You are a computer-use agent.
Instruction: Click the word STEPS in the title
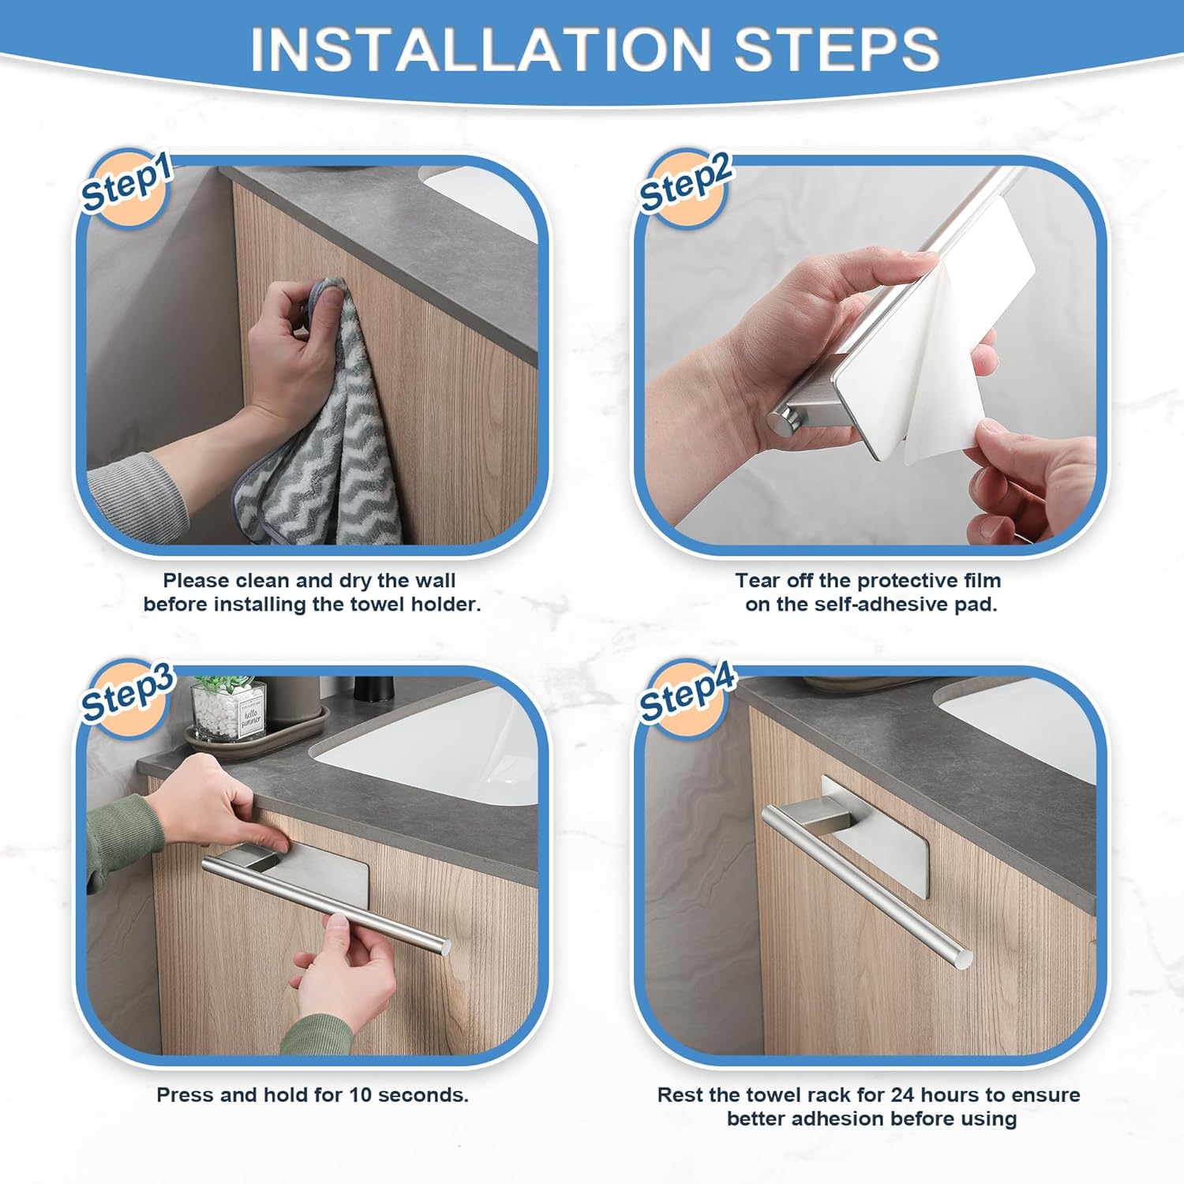point(837,49)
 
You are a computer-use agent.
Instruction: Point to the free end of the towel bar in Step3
point(444,946)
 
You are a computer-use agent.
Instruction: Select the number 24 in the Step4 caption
point(903,1095)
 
